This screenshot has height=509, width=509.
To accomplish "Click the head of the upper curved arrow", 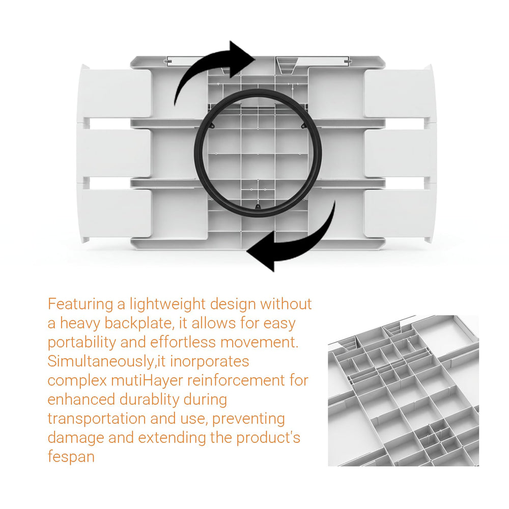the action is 242,59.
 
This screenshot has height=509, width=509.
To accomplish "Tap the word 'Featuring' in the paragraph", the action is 80,304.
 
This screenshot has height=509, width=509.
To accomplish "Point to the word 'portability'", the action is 82,343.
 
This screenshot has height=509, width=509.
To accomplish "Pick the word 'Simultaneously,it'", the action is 107,361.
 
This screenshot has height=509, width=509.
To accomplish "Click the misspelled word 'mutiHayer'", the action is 147,380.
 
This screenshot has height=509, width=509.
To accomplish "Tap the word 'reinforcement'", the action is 236,380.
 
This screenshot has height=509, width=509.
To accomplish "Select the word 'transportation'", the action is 96,419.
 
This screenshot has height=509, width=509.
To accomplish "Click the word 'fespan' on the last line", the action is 71,457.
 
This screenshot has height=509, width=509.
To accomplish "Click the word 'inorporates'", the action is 209,361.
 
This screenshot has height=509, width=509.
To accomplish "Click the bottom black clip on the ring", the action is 258,206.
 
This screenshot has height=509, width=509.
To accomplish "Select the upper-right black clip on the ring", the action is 303,125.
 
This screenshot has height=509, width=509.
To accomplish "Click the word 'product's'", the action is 268,438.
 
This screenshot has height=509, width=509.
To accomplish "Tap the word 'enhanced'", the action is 81,400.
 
